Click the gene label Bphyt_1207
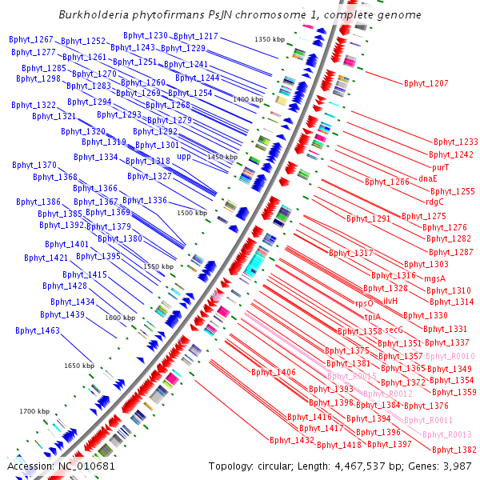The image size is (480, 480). point(426,83)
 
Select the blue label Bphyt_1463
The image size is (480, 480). point(37,330)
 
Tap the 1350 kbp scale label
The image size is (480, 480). point(270,39)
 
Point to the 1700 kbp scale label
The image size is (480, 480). point(35,411)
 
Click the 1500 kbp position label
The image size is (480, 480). point(191,214)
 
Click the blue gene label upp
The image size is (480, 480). point(184,157)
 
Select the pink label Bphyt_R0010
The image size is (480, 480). point(450,356)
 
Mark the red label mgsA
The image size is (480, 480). point(434,278)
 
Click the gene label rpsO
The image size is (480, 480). point(364,304)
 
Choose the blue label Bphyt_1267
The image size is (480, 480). point(31,40)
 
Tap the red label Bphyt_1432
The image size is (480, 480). point(291,440)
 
